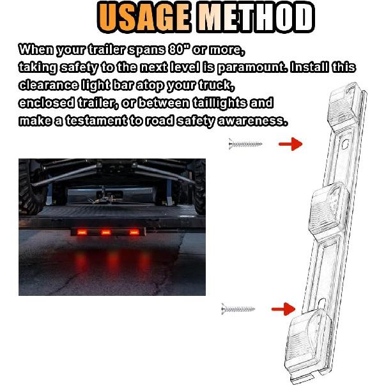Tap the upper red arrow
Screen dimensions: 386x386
291,144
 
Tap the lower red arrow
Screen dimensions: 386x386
283,310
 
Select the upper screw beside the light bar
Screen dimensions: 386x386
245,145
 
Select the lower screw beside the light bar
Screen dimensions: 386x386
238,311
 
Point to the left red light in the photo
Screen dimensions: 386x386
82,233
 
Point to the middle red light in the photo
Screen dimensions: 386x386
107,232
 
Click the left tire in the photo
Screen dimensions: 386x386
31,189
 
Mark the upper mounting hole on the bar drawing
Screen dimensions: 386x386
344,146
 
